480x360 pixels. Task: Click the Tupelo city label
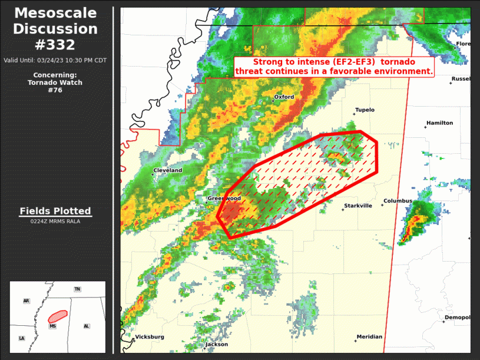(365, 110)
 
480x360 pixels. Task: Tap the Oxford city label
(284, 97)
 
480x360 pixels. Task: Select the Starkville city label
(358, 206)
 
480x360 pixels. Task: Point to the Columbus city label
(398, 202)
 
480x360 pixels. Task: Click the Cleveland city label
(168, 171)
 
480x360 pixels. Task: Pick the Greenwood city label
(224, 199)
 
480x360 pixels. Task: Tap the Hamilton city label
(439, 123)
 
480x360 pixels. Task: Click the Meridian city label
(369, 337)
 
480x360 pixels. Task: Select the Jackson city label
(217, 345)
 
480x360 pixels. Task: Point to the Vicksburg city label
(150, 338)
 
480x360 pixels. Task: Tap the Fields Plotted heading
(55, 211)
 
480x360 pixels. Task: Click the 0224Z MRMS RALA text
(55, 221)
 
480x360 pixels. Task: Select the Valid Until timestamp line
(55, 60)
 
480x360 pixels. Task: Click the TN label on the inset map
(77, 289)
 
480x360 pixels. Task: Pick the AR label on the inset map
(27, 301)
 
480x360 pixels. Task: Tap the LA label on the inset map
(22, 338)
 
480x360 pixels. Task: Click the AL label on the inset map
(87, 326)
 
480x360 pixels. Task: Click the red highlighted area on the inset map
(58, 316)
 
